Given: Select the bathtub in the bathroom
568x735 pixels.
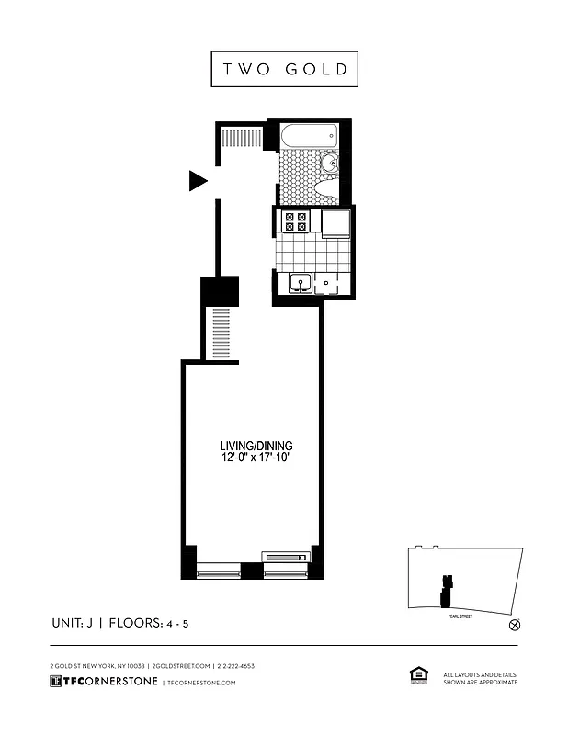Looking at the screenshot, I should [x=310, y=137].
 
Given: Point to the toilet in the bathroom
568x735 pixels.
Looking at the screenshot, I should [x=326, y=189].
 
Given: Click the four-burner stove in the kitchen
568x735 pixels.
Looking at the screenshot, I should [x=296, y=220].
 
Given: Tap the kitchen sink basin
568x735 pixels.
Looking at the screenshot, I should [x=299, y=285].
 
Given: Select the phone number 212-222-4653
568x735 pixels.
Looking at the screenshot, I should [x=236, y=665].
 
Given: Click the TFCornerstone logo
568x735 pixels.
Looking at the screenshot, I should [x=102, y=682].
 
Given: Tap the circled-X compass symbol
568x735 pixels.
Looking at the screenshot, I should [x=515, y=625].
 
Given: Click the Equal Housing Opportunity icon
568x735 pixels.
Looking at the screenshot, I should [x=418, y=676].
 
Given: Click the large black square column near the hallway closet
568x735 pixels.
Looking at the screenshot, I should [x=220, y=291].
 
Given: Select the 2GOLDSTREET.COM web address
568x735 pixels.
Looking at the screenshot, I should [x=181, y=665].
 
